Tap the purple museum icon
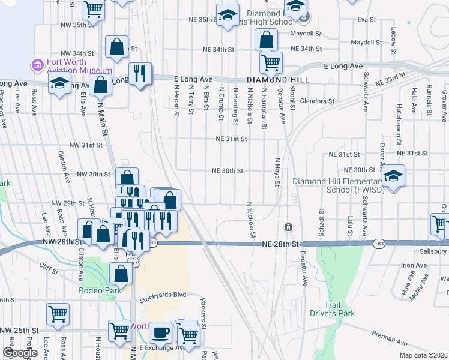click(37, 64)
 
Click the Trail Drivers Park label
click(332, 309)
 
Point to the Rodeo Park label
click(100, 290)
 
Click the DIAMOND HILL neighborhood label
click(277, 79)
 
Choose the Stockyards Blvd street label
click(164, 295)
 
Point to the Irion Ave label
click(414, 265)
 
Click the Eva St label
click(363, 20)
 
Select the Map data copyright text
click(423, 355)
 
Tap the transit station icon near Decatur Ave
click(289, 227)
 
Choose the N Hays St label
click(277, 172)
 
